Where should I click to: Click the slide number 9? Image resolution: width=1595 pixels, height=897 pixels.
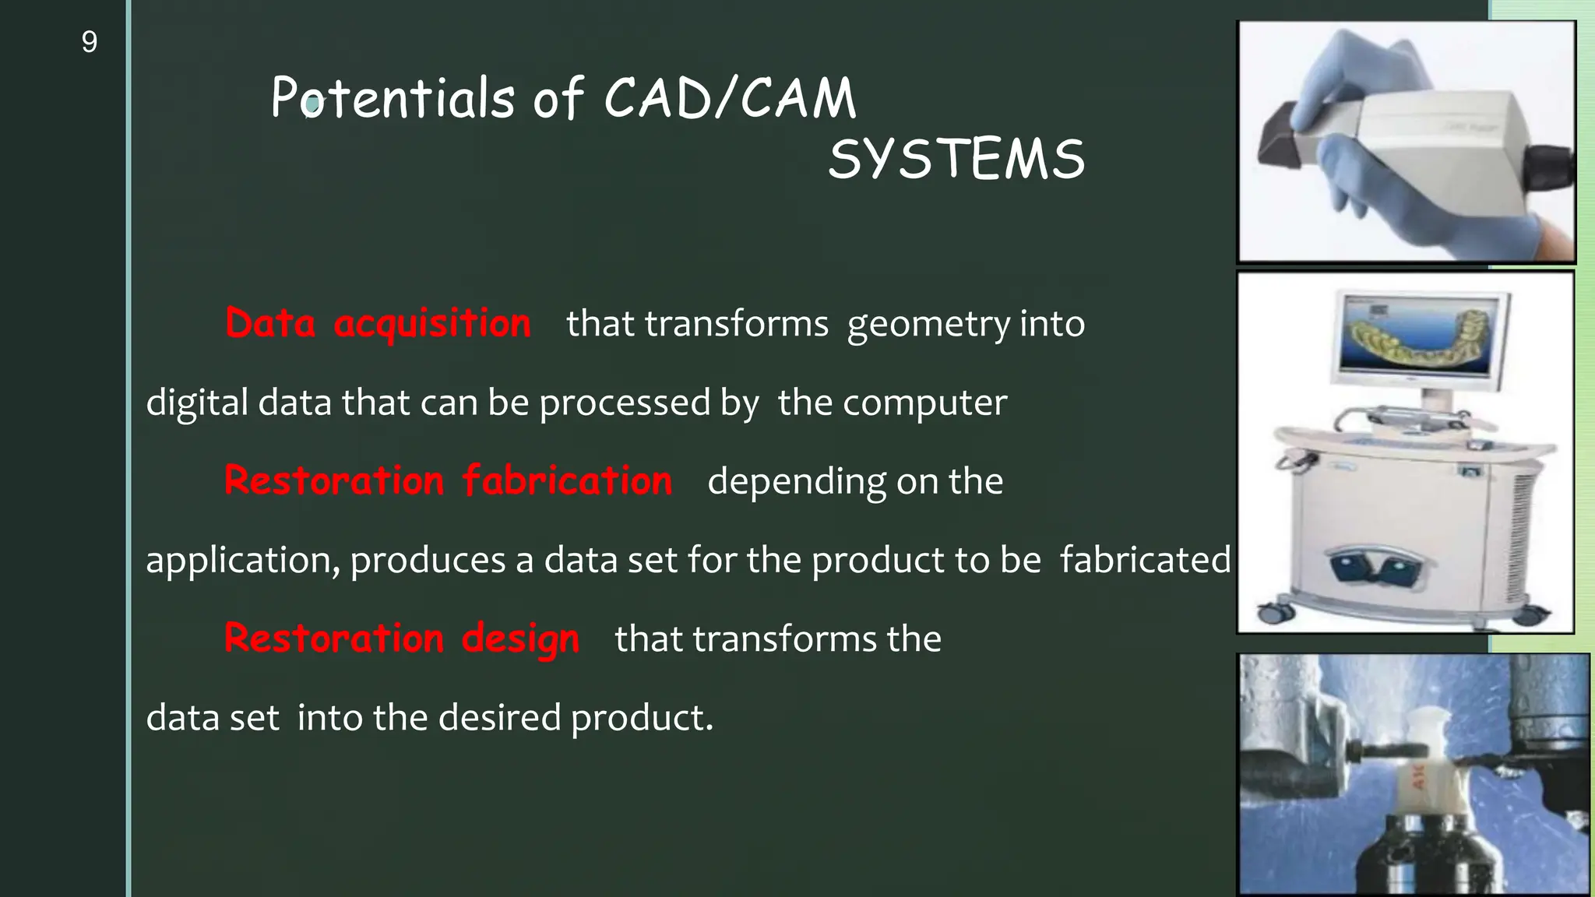point(90,42)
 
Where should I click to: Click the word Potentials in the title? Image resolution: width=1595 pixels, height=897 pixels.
point(393,99)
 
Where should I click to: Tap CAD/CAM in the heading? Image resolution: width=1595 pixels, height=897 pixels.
point(730,99)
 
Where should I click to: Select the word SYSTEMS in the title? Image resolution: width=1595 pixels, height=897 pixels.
point(956,160)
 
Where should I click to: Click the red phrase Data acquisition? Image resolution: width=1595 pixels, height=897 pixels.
point(378,324)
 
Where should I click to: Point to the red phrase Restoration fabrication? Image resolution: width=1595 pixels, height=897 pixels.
point(448,481)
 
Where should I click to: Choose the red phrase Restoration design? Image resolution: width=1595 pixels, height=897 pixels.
point(402,638)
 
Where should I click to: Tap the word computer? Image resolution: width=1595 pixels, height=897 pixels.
point(924,403)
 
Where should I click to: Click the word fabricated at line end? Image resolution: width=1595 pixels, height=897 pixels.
point(1145,560)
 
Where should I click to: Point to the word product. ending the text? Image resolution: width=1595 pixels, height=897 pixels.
point(642,718)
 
